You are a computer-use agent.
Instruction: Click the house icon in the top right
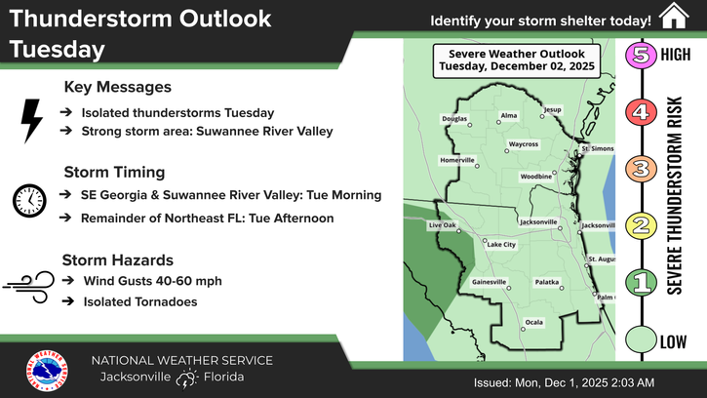tap(672, 17)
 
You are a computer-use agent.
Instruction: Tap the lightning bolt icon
tap(31, 120)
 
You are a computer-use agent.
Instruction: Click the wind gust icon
tap(28, 282)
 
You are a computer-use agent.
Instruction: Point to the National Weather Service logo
tap(47, 373)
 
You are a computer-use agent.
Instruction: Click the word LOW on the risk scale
tap(674, 341)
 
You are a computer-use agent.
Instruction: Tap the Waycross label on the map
tap(523, 144)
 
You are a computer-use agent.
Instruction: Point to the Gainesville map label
tap(490, 282)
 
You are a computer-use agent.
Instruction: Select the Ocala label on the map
tap(533, 321)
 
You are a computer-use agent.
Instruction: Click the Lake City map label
tap(501, 244)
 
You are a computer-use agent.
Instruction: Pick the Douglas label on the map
tap(455, 119)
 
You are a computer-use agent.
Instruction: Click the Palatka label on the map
tap(547, 282)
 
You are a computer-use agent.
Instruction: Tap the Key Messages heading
tap(117, 87)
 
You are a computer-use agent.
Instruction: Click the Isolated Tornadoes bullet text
tap(140, 301)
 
